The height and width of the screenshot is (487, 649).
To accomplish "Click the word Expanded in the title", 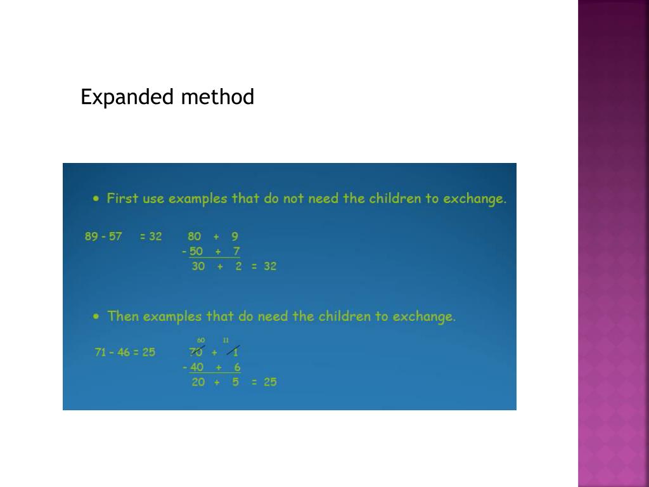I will tap(127, 98).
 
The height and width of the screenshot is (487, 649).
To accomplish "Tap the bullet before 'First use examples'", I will tap(96, 198).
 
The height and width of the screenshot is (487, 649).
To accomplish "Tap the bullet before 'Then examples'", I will tap(96, 315).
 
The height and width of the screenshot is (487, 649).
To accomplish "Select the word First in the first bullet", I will tap(122, 198).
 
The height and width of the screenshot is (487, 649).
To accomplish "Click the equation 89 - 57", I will tap(103, 237).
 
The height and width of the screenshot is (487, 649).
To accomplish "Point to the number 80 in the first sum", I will tap(195, 237).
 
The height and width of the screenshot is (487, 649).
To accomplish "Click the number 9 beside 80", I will tap(235, 237).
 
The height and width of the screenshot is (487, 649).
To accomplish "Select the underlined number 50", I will tap(196, 252).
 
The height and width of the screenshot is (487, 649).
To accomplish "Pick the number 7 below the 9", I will tap(236, 252).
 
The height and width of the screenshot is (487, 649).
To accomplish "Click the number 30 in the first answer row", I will tap(198, 266).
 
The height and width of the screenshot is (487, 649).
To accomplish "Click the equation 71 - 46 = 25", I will tap(125, 352).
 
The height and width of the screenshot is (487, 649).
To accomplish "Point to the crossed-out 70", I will tap(196, 352).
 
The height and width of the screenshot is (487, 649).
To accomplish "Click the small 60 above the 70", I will tap(201, 341).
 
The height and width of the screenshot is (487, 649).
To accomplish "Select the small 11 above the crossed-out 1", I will tap(226, 341).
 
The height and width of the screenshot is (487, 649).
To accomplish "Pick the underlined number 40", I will tap(197, 367).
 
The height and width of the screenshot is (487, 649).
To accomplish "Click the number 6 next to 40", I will tap(237, 367).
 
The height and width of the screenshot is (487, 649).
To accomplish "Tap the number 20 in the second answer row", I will tap(198, 382).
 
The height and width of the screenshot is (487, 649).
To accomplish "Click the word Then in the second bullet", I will tap(123, 316).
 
